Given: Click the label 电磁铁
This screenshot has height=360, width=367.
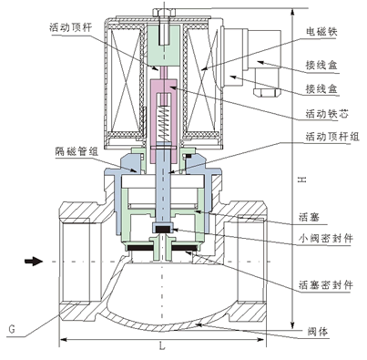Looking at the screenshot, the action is (x=321, y=32).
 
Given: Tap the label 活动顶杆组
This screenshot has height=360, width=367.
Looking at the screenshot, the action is (x=332, y=137).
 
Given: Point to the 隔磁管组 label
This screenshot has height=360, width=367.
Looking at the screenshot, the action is (x=76, y=151).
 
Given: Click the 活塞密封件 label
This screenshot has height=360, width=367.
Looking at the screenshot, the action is (x=326, y=285).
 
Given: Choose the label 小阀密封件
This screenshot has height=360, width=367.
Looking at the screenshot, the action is (x=326, y=238).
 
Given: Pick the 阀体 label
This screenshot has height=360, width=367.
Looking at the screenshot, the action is (x=318, y=332).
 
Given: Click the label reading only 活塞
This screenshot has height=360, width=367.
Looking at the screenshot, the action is (x=309, y=217).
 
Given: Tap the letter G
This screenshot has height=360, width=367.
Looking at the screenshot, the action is (x=12, y=330).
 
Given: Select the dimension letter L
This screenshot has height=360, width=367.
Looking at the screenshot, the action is (x=162, y=345).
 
